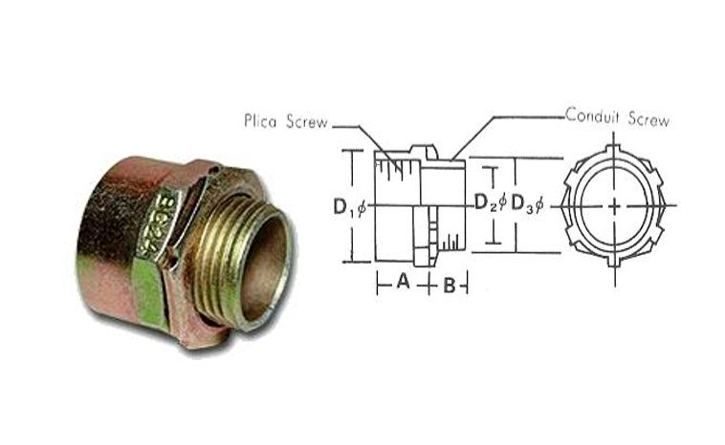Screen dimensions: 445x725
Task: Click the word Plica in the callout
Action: pos(260,122)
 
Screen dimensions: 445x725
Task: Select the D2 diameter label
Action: pos(487,204)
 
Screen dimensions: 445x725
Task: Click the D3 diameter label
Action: pos(523,204)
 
